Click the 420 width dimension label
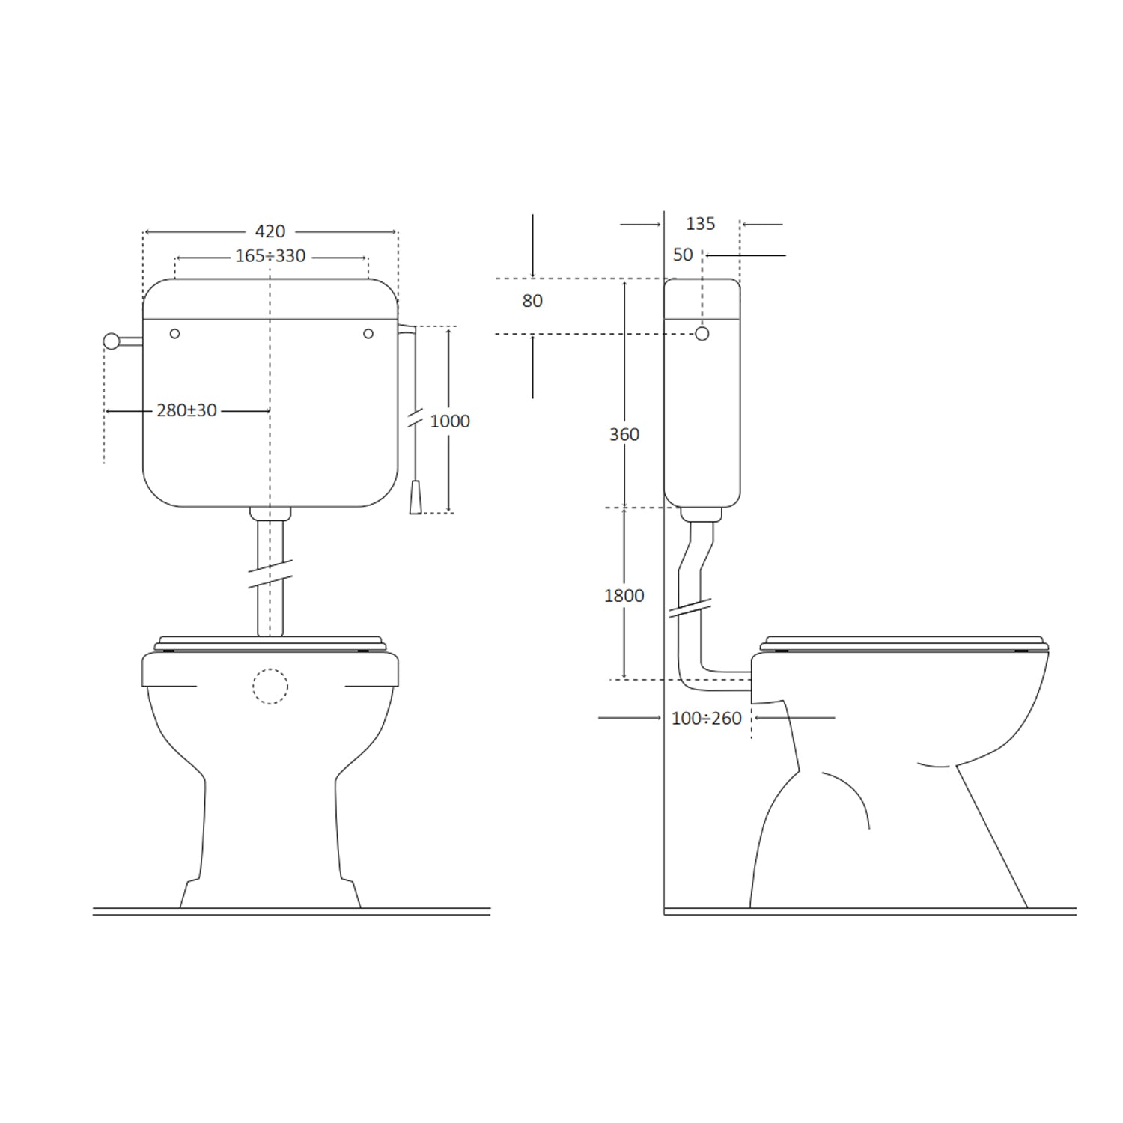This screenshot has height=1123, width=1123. point(270,231)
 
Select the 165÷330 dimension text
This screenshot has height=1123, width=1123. point(270,256)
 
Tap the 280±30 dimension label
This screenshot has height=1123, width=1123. point(186,410)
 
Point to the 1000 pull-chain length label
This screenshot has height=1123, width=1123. point(449,421)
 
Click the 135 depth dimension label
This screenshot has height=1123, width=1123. point(700,224)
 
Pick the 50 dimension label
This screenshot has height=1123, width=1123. point(682,255)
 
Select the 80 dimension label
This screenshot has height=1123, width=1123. point(532,301)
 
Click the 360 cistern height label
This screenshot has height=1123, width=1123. point(624,435)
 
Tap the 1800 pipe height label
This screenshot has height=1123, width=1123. point(624,596)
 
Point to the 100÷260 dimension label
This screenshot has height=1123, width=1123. point(706,719)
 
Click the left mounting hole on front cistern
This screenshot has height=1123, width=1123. point(174,334)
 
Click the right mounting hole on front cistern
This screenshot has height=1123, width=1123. point(368,334)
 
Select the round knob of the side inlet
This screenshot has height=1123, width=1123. point(111,341)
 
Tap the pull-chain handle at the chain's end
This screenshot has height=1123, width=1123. point(416,499)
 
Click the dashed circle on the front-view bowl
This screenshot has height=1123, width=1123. point(270,686)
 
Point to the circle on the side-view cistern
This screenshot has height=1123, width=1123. point(702,334)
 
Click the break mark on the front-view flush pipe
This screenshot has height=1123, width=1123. point(270,573)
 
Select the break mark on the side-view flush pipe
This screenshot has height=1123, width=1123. point(690,607)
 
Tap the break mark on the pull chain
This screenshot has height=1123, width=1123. point(415,419)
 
